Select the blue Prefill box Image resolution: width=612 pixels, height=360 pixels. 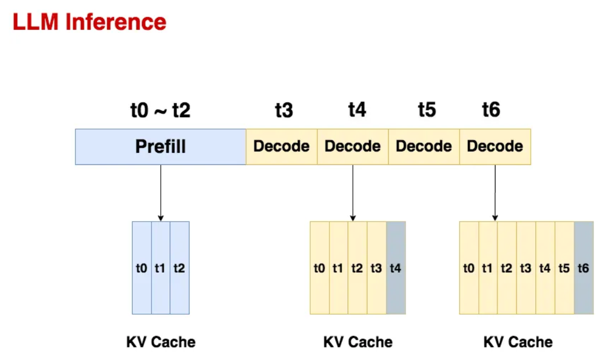(160, 147)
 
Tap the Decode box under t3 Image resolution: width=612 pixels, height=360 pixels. (282, 147)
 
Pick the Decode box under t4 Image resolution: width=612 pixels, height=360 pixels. (353, 147)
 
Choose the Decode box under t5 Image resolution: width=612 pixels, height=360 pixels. (424, 147)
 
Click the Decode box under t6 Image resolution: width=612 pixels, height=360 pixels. (495, 147)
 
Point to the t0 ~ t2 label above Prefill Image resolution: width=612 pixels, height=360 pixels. (160, 110)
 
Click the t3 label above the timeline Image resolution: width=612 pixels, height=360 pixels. (284, 110)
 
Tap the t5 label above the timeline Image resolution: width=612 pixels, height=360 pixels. (427, 110)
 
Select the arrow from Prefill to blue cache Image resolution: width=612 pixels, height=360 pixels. (160, 192)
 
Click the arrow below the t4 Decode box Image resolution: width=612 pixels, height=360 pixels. (353, 192)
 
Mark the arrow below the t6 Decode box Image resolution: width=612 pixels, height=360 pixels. (495, 192)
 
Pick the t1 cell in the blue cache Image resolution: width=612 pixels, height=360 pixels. (160, 268)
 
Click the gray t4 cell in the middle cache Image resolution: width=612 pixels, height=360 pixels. (396, 268)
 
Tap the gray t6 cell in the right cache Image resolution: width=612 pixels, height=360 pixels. (583, 268)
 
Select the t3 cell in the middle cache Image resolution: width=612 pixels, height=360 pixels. (376, 268)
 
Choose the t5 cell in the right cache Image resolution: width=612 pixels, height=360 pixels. (564, 268)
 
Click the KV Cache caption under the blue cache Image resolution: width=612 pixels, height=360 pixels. (161, 342)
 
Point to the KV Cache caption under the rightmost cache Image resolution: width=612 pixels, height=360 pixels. (518, 342)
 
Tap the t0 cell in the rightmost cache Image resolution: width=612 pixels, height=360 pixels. (469, 268)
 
